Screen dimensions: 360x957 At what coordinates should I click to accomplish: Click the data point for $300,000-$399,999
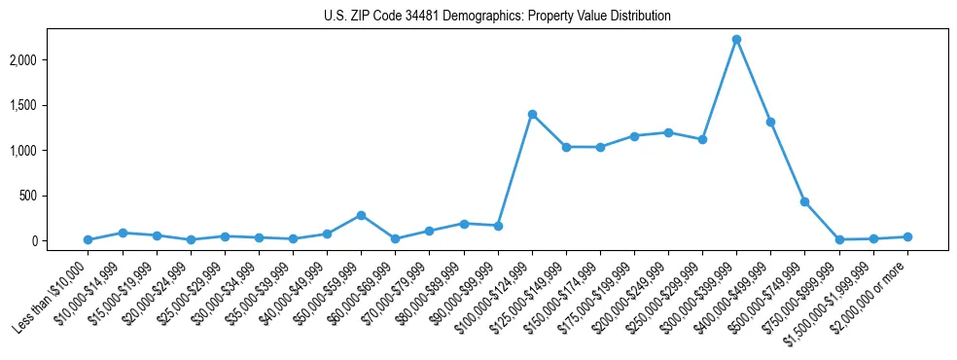coord(736,40)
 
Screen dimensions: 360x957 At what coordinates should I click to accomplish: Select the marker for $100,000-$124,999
coord(532,114)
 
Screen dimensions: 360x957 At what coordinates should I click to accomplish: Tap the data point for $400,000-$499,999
coord(770,123)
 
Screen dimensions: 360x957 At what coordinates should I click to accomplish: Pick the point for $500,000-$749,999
coord(804,201)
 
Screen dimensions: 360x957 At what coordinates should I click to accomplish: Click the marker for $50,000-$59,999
coord(361,215)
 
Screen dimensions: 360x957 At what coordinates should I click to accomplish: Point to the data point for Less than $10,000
coord(88,239)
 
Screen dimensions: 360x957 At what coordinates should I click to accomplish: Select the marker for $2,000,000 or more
coord(906,236)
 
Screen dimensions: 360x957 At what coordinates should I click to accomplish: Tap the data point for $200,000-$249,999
coord(668,132)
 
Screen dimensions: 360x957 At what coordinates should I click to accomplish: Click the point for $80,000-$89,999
coord(464,224)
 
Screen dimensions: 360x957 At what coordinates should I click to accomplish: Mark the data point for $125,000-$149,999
coord(566,147)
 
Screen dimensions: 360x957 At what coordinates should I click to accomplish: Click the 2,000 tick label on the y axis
coord(50,60)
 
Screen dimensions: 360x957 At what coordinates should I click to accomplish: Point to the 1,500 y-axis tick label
coord(50,105)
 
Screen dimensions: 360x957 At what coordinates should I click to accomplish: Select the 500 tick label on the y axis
coord(54,196)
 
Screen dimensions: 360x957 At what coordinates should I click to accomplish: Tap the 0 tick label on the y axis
coord(60,241)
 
